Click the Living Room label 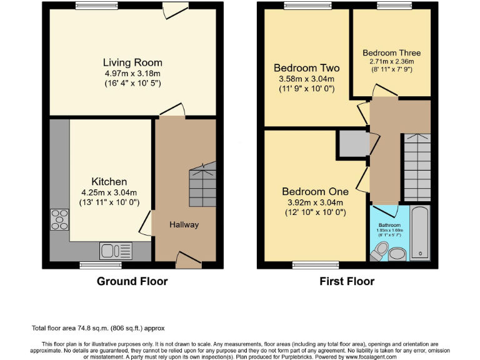(132, 62)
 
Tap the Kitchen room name (109, 182)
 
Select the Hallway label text (184, 225)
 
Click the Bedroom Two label (306, 68)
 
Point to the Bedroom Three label (392, 53)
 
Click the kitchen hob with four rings (60, 220)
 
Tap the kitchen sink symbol (116, 251)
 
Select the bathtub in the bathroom (420, 232)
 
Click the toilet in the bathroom (378, 250)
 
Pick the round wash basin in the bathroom (397, 254)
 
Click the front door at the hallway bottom (185, 259)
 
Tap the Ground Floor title (132, 281)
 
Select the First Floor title (347, 281)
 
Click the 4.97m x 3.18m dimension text (132, 73)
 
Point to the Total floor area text (98, 327)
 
